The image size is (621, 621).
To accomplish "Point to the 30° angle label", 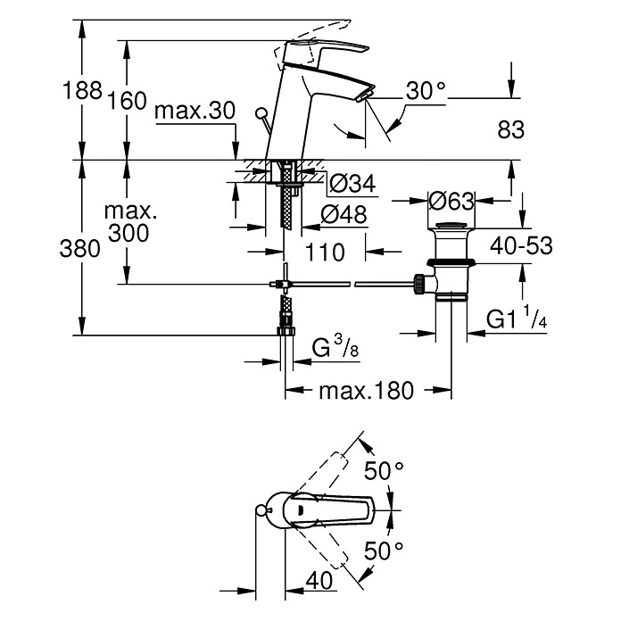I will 425,91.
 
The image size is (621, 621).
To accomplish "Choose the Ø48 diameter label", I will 344,214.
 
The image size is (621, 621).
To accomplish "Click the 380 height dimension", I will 82,249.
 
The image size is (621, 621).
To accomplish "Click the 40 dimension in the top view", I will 319,580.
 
